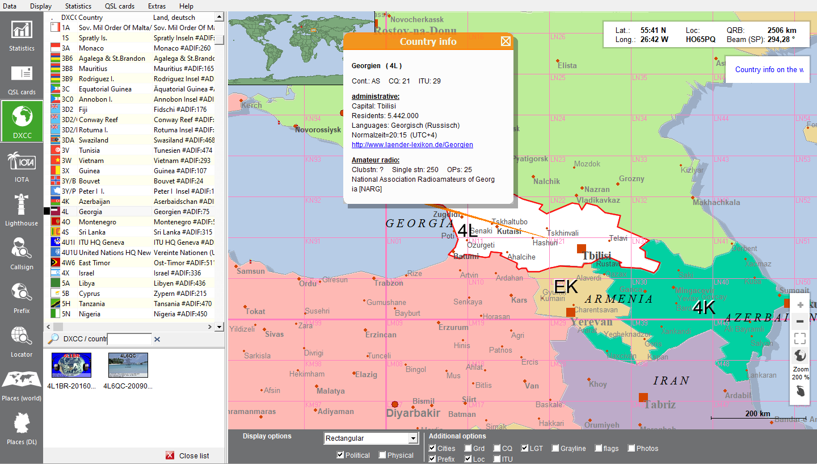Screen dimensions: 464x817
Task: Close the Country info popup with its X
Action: point(506,41)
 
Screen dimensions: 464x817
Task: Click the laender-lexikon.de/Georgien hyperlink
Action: point(412,145)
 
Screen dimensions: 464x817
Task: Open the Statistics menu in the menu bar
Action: point(78,6)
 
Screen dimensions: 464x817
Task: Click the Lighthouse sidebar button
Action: point(22,210)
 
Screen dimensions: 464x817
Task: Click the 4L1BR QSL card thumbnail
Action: point(71,365)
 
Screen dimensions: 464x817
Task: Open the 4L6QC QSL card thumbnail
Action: point(128,365)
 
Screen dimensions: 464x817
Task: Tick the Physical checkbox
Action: point(382,455)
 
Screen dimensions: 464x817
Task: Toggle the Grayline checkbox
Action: point(555,449)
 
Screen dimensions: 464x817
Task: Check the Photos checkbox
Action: point(631,449)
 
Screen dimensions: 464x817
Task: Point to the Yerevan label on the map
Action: point(591,322)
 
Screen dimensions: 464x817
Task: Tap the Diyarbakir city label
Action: point(413,413)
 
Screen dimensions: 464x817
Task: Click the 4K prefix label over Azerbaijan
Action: point(704,307)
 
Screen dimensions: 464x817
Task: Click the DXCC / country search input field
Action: point(129,339)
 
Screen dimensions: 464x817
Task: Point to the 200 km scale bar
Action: point(758,417)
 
